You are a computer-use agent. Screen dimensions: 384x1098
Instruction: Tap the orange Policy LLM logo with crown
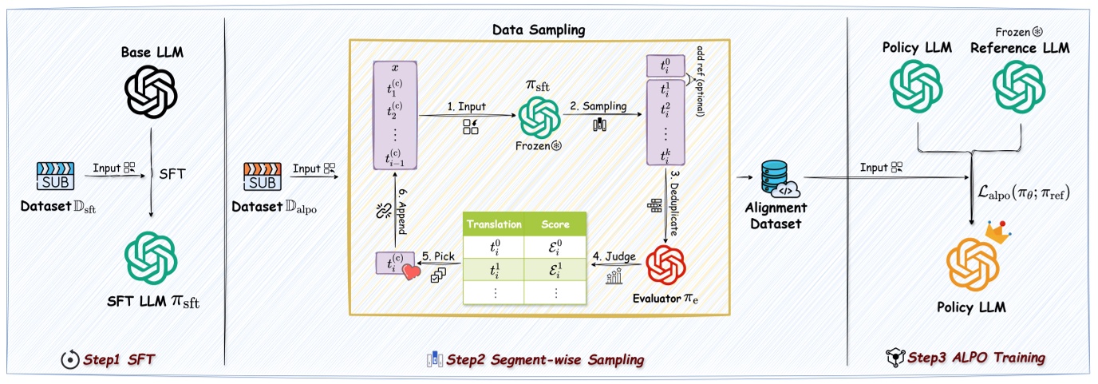(970, 263)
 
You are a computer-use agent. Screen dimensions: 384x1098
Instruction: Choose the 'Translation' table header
(495, 224)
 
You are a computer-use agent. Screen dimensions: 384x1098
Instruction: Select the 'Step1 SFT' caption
(120, 360)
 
